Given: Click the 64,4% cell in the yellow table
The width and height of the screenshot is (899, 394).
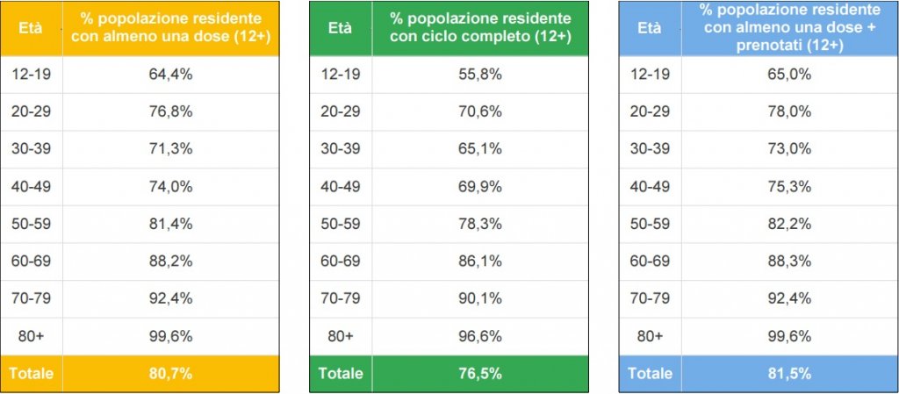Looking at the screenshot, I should [x=171, y=75].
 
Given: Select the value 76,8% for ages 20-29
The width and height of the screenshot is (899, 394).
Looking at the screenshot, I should [x=171, y=111].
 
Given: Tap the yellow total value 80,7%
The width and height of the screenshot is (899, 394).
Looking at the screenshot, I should [x=171, y=373].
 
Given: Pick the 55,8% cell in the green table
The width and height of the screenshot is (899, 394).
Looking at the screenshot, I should [x=480, y=75].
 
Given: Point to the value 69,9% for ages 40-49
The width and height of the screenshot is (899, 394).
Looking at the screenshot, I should [x=480, y=186].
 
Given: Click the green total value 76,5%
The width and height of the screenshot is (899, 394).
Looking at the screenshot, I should [x=480, y=373].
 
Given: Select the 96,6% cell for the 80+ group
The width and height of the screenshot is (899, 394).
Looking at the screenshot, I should [x=480, y=335].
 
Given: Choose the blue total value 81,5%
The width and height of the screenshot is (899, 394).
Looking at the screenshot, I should [x=789, y=373].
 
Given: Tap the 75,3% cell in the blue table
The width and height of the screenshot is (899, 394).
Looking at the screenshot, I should [x=789, y=186].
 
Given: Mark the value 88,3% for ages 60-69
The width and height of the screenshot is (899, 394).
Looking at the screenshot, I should [x=789, y=261].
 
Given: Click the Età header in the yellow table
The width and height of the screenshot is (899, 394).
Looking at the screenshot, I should [x=32, y=27].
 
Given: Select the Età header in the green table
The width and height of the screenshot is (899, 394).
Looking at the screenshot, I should [x=340, y=27].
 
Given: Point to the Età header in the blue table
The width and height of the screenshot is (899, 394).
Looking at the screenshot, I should [x=649, y=27].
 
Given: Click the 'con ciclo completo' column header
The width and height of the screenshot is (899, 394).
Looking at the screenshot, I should [x=480, y=27].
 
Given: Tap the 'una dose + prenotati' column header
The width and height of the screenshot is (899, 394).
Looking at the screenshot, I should [x=789, y=27].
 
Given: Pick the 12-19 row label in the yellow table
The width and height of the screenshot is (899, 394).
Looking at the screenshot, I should [x=32, y=75].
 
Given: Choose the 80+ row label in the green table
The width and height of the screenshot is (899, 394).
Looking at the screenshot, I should [x=340, y=335].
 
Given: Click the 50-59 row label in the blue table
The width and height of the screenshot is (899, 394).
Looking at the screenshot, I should [x=650, y=224].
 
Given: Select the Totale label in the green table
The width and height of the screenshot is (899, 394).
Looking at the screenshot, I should [x=340, y=373].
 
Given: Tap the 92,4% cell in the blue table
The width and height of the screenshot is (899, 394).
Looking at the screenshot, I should [x=789, y=298].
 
